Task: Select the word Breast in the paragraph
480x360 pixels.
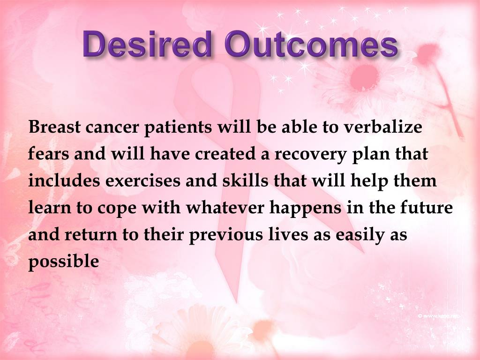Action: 54,127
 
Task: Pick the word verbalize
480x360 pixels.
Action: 382,126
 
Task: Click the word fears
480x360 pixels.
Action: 48,153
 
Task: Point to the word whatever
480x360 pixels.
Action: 225,207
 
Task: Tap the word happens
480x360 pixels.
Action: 305,208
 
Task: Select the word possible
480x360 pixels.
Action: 64,262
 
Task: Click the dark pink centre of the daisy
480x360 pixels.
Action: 365,75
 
